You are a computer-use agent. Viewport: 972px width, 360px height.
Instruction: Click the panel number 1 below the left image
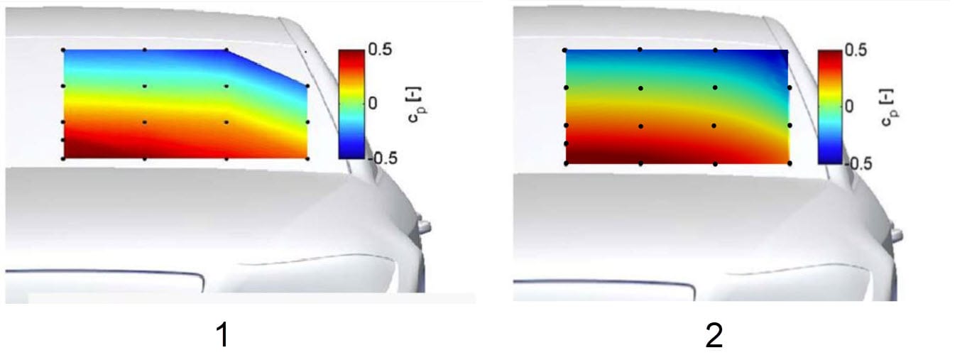[x=223, y=336]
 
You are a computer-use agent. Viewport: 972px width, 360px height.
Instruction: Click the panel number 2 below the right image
[x=714, y=336]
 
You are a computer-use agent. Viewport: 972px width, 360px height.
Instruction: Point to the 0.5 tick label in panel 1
[x=380, y=50]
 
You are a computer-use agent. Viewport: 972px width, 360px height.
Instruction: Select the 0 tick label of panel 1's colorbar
[x=373, y=103]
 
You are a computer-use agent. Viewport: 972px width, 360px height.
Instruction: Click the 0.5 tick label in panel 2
[x=856, y=50]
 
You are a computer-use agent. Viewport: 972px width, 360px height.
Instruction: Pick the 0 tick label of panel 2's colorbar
[x=849, y=107]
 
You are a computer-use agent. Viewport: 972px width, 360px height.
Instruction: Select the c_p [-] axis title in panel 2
[x=890, y=107]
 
